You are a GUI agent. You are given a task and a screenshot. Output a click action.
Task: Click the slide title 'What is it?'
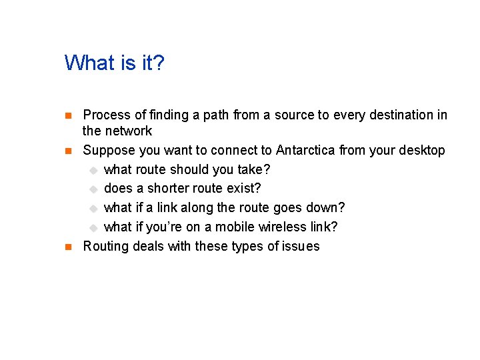tap(114, 63)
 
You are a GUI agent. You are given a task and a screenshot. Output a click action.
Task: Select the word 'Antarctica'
tap(305, 150)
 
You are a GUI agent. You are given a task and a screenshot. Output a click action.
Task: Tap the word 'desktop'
tap(421, 150)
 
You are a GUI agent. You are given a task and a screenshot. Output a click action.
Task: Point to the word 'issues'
tap(301, 247)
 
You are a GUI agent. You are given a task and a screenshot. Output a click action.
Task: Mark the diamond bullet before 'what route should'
tap(94, 170)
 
